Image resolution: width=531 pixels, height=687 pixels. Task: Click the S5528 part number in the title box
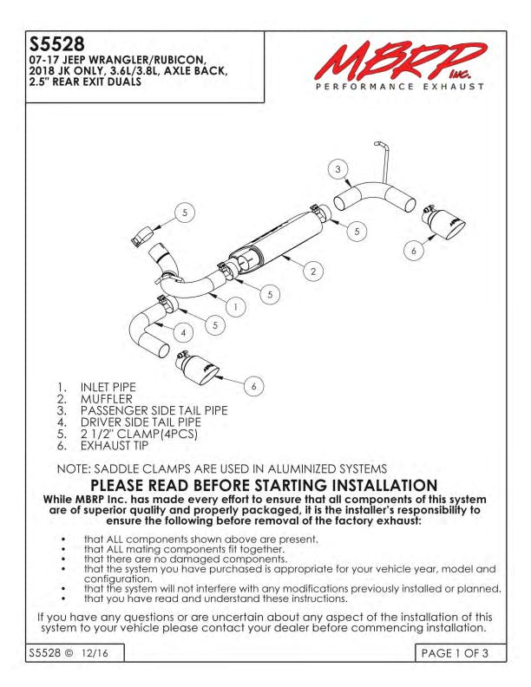[x=56, y=44]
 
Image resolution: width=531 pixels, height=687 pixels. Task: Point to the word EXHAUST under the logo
[x=454, y=87]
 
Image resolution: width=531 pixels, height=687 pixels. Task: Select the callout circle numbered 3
[x=338, y=169]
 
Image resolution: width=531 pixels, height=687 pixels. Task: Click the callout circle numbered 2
[x=313, y=272]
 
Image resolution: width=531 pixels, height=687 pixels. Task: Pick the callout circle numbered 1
[x=236, y=307]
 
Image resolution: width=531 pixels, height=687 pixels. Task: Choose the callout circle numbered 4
[x=183, y=333]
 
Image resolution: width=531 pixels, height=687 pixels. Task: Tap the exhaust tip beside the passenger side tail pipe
[x=442, y=224]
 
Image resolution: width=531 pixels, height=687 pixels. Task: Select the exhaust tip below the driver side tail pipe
[x=196, y=369]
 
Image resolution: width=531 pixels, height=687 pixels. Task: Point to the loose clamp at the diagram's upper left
[x=141, y=236]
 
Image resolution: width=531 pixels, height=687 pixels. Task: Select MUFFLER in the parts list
[x=107, y=399]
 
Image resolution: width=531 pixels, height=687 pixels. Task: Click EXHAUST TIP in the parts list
[x=115, y=446]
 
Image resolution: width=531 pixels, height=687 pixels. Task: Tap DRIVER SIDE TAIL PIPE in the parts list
[x=141, y=422]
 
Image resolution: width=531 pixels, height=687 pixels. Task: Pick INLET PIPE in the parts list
[x=108, y=388]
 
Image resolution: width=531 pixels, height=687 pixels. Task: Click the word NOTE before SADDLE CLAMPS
[x=73, y=469]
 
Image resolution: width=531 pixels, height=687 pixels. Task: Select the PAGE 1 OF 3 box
[x=460, y=653]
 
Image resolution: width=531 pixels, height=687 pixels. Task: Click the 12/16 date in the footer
[x=95, y=653]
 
